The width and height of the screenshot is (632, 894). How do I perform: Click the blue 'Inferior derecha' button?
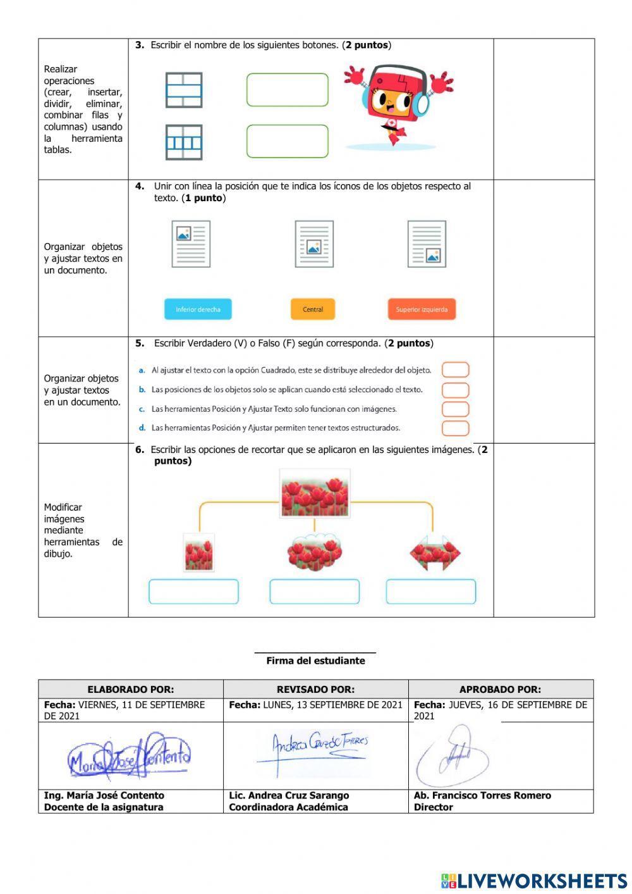(198, 309)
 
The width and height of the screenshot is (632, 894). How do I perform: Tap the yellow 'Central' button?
(313, 309)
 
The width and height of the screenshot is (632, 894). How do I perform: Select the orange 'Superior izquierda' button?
(422, 309)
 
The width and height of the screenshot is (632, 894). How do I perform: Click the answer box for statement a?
(455, 369)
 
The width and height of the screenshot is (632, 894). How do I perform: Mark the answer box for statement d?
(455, 428)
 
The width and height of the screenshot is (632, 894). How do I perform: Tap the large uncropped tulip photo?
(314, 494)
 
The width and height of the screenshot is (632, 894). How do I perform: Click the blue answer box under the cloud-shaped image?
(314, 592)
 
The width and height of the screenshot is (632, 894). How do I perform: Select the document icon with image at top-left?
(191, 244)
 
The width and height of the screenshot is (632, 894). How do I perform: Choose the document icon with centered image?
(314, 244)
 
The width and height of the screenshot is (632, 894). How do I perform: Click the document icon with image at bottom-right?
(427, 244)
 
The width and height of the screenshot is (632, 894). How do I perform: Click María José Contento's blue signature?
(130, 757)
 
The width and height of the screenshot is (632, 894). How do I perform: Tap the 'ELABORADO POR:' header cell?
(131, 689)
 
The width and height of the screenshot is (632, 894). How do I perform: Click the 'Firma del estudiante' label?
(315, 661)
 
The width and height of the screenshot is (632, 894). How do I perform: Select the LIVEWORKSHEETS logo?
(534, 881)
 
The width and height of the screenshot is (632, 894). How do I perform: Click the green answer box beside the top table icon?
(288, 90)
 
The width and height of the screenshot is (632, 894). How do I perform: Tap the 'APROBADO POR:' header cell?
(501, 689)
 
